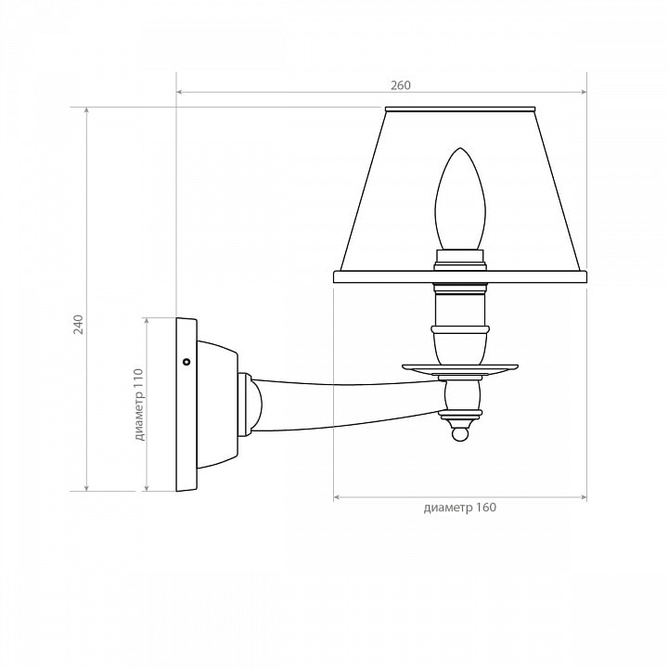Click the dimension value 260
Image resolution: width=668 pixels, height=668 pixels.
(401, 85)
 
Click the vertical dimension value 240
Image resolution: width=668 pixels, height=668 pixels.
(78, 324)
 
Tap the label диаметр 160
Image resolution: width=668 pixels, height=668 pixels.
(459, 507)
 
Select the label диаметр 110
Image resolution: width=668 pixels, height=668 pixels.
(139, 405)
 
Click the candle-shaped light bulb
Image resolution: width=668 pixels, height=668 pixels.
(459, 199)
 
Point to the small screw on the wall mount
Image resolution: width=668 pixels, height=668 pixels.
(186, 362)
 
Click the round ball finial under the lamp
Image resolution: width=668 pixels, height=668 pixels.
(460, 435)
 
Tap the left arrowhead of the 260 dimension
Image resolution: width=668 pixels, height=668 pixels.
(180, 92)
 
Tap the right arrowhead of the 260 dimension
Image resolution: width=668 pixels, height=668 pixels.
(584, 92)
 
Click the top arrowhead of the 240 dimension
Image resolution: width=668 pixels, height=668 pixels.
(87, 110)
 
